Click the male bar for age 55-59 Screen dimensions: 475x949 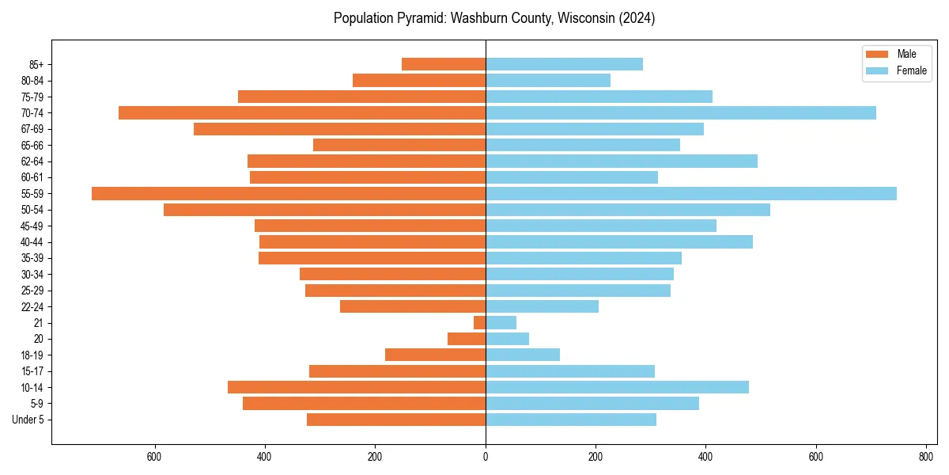[289, 194]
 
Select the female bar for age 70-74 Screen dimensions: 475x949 [681, 113]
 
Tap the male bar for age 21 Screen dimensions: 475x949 [480, 323]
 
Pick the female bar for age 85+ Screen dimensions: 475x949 [564, 64]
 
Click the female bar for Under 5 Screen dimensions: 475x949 [571, 420]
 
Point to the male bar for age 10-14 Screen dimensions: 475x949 [357, 387]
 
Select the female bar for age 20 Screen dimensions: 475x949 [507, 339]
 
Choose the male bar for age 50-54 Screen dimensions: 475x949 [324, 210]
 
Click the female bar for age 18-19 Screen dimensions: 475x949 [523, 355]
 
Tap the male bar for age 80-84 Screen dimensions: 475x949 [419, 81]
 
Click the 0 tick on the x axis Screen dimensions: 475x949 [486, 457]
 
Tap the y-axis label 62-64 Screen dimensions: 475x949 [32, 161]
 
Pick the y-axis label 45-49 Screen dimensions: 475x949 [32, 226]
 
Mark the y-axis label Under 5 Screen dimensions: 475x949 [28, 420]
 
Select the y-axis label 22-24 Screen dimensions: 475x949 [32, 306]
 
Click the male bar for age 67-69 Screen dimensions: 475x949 [339, 129]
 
